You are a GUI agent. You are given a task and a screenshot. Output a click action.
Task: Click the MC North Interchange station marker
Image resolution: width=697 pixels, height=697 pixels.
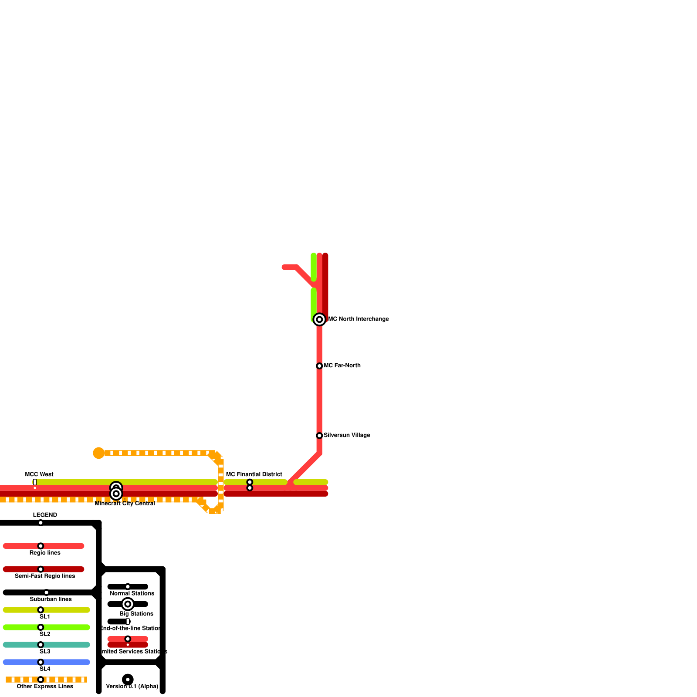[319, 319]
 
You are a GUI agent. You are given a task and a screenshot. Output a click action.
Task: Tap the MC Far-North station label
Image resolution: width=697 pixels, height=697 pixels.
[342, 365]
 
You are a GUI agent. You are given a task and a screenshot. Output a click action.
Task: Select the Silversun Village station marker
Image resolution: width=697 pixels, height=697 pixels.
[319, 436]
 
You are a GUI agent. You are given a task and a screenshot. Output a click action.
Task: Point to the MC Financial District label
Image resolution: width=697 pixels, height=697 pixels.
[254, 474]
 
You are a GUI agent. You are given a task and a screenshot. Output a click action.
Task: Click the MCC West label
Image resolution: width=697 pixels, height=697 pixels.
[39, 474]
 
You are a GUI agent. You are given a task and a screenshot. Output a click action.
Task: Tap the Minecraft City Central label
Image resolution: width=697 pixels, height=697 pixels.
[125, 504]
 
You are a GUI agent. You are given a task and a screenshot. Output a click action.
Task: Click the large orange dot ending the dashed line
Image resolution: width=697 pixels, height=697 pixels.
[99, 453]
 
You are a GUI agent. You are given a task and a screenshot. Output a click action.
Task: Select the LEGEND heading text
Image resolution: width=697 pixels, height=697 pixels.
[45, 515]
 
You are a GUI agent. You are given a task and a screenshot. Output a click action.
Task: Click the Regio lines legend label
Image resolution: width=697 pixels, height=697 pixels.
[45, 553]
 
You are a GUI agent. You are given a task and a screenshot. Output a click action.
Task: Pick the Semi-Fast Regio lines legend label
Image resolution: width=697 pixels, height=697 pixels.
[45, 576]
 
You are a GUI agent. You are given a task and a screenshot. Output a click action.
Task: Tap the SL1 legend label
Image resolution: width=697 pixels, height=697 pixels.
[45, 616]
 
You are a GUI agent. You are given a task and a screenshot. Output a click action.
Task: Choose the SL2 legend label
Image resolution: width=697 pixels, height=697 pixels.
[45, 634]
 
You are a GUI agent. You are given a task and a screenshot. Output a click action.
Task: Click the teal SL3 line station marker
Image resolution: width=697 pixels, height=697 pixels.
[41, 645]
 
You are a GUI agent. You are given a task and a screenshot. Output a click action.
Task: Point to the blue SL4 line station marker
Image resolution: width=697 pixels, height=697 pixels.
[41, 662]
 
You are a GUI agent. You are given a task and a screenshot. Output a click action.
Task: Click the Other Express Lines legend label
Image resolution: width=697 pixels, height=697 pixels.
[45, 686]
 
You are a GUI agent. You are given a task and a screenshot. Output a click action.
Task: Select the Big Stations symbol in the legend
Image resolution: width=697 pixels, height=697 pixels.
[128, 604]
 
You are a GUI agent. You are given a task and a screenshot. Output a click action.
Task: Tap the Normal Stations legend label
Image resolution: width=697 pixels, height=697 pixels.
[132, 593]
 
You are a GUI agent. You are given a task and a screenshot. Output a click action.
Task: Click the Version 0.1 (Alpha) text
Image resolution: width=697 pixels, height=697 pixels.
[132, 686]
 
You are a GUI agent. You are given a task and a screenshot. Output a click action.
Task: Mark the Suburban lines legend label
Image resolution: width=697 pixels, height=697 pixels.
[51, 599]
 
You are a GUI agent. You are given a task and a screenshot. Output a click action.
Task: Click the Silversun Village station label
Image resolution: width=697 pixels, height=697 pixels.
[347, 435]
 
